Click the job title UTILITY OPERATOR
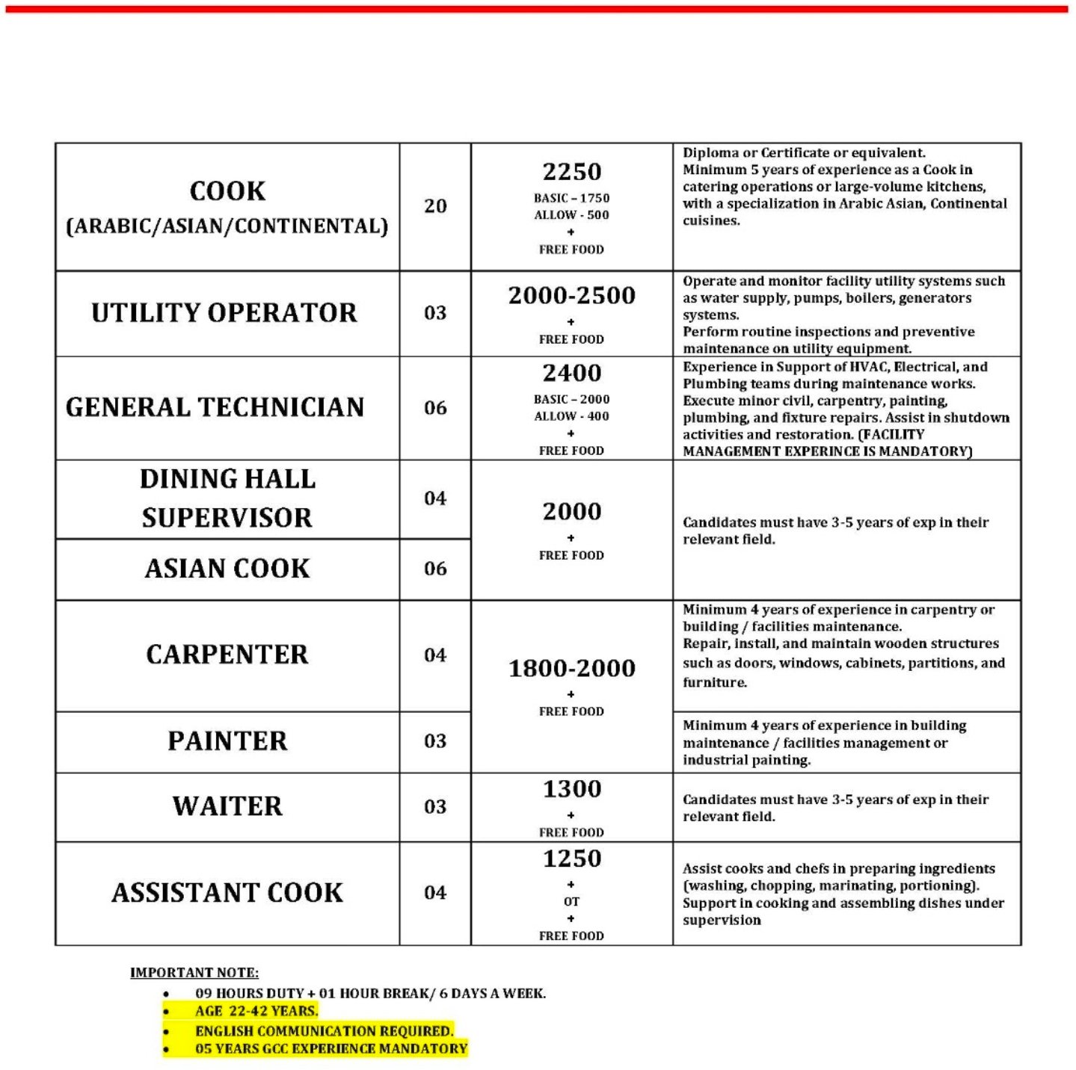click(x=224, y=313)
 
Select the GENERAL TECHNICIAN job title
click(x=215, y=407)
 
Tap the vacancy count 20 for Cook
click(x=435, y=206)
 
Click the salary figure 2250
click(x=572, y=172)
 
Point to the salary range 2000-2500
click(x=572, y=296)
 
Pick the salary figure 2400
click(x=572, y=373)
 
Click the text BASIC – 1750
click(x=572, y=198)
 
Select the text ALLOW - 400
click(x=572, y=416)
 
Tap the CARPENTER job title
click(x=227, y=655)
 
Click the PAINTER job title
click(x=227, y=741)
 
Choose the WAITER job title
click(x=227, y=806)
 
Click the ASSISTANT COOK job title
click(x=227, y=893)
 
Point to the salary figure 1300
click(x=572, y=789)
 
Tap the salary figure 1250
click(x=572, y=859)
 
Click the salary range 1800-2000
click(x=572, y=668)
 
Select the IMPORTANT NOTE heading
click(x=194, y=972)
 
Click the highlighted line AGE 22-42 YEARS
click(x=256, y=1011)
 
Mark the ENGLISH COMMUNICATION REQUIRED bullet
click(x=324, y=1030)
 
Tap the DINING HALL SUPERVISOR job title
click(x=227, y=498)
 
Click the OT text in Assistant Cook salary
click(x=572, y=902)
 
